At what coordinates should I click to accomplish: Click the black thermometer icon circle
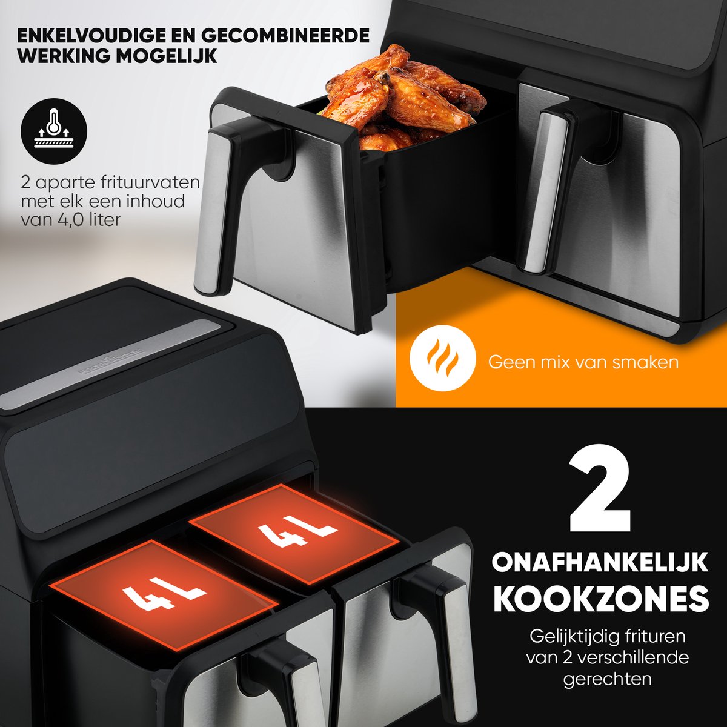[54, 131]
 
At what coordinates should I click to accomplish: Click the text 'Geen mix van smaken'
[583, 362]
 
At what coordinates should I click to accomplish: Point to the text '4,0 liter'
[90, 220]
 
